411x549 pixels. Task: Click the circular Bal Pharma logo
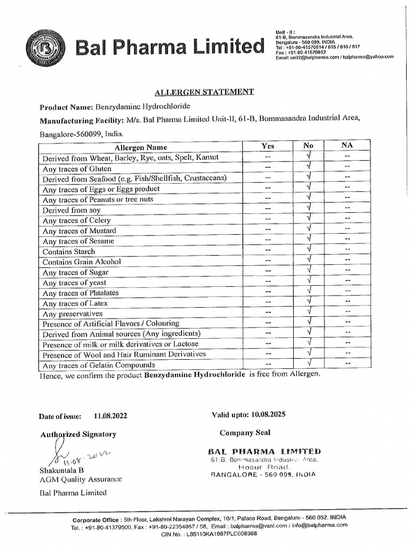click(45, 48)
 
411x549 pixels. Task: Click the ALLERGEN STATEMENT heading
click(204, 92)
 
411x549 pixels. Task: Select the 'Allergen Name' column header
click(141, 147)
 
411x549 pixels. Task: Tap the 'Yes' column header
click(268, 146)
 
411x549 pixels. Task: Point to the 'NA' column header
click(347, 145)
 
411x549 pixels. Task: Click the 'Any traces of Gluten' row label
click(77, 168)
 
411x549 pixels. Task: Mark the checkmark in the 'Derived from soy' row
click(309, 209)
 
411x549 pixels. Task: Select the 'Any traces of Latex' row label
click(75, 303)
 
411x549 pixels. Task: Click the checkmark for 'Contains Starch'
click(309, 250)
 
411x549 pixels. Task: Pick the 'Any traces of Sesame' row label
click(78, 241)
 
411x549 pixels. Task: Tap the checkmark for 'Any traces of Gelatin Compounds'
click(309, 365)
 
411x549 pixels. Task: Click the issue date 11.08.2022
click(110, 416)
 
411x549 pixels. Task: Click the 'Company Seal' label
click(245, 433)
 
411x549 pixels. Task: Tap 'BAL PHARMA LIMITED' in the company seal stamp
click(265, 451)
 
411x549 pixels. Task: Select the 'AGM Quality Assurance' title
click(81, 479)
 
